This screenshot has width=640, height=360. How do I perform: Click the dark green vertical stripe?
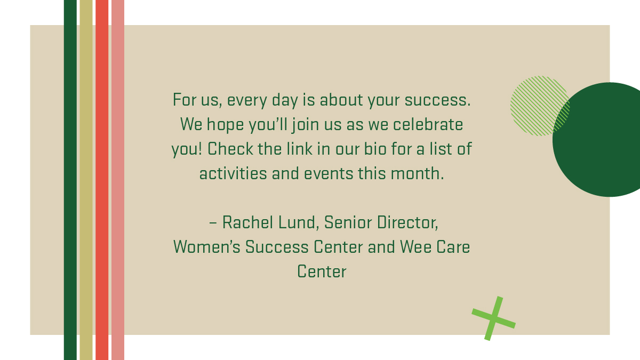pos(70,180)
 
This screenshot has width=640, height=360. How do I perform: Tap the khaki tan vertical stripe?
pos(86,180)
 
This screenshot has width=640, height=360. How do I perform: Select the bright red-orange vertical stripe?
pos(102,180)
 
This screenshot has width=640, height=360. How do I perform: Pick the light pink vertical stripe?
pos(118,180)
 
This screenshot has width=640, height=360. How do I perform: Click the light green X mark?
pos(493,318)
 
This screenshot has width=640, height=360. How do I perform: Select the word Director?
pos(408,222)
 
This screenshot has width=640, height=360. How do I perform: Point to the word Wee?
pos(409,247)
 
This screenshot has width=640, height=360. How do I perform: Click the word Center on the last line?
pos(322,272)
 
